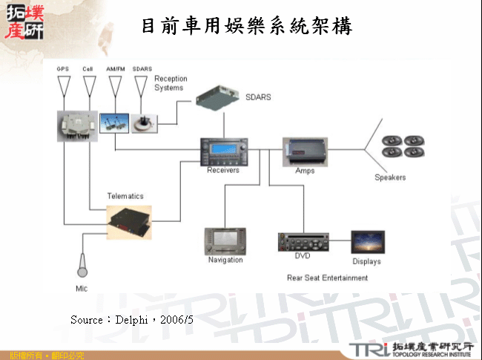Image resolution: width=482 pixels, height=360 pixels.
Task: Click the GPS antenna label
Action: point(62,69)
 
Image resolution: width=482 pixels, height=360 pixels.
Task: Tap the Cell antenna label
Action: point(88,69)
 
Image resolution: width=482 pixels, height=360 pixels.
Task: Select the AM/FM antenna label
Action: point(116,69)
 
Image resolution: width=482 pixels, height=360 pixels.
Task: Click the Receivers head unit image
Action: point(223,152)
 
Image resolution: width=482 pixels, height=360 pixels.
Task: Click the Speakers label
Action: point(390,178)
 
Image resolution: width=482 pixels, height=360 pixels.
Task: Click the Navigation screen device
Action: point(225,241)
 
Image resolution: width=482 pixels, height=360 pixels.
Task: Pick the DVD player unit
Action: point(303,241)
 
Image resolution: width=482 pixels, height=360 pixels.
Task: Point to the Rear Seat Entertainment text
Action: point(327,278)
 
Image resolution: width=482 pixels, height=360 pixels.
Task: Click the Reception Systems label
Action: point(170,83)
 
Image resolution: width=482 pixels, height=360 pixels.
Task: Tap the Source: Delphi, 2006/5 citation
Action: point(132,319)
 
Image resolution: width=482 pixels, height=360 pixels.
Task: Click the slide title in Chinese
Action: point(246,27)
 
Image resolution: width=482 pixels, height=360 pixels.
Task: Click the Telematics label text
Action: point(125,196)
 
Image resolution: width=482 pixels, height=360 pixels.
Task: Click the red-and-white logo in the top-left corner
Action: point(24,21)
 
